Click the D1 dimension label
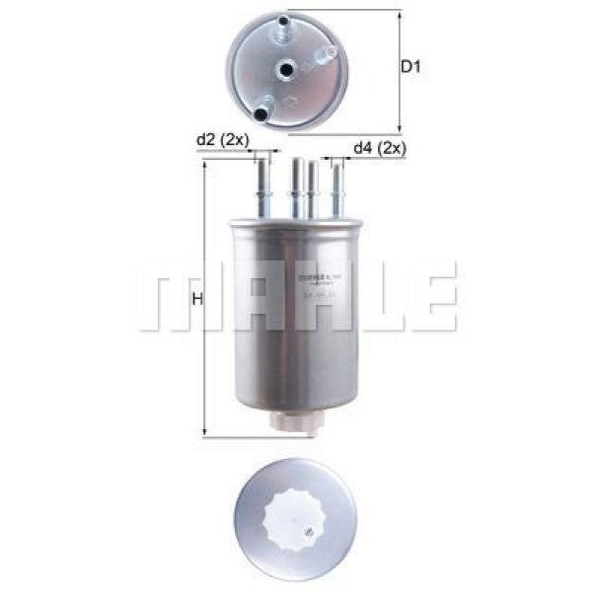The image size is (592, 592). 411,68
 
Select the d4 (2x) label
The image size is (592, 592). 379,148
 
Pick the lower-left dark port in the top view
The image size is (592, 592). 261,113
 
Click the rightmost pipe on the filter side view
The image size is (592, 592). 337,189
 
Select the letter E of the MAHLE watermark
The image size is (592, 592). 434,296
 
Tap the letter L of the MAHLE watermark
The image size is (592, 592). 380,296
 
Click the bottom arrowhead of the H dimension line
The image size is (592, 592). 203,433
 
